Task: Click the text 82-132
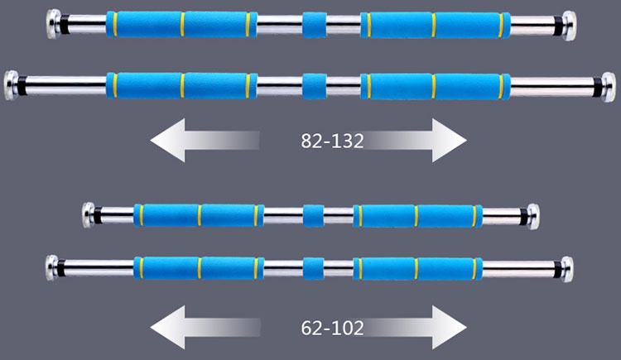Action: point(332,141)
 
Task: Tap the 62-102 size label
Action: point(332,328)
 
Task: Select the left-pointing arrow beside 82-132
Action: point(205,140)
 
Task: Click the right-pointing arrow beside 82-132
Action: point(415,140)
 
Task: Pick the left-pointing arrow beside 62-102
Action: point(205,327)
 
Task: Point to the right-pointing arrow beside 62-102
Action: point(415,327)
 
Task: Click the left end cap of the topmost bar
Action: point(53,24)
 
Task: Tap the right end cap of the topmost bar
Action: point(569,26)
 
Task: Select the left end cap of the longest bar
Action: point(11,85)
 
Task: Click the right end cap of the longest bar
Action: point(609,87)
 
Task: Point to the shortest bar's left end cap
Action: point(89,215)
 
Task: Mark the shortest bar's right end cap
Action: point(533,217)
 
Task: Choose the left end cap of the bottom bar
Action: point(52,267)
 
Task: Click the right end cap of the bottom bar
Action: point(566,269)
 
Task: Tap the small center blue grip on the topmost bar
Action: point(315,25)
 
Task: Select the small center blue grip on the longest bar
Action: point(315,86)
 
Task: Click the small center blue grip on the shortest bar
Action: point(313,216)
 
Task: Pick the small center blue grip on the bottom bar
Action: point(313,269)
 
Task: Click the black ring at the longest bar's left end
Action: point(22,85)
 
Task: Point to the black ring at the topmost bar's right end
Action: point(558,26)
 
